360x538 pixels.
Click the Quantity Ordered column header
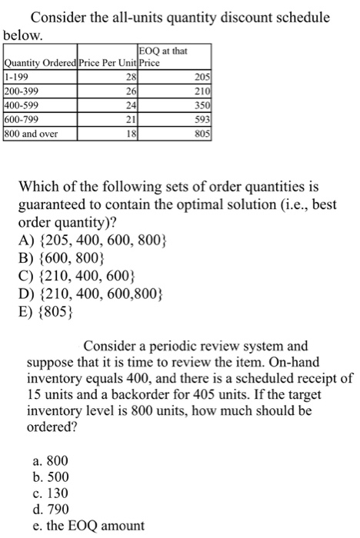35,63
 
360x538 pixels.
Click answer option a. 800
53,460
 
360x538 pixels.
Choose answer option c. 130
53,493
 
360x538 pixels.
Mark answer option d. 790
53,509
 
